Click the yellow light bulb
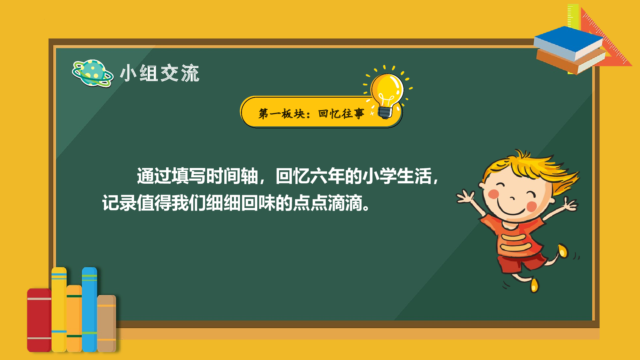pyautogui.click(x=387, y=88)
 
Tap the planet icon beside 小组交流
pyautogui.click(x=92, y=73)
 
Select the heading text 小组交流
pyautogui.click(x=159, y=73)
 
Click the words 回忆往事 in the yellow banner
pyautogui.click(x=341, y=114)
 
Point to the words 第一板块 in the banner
pyautogui.click(x=282, y=114)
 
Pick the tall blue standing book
pyautogui.click(x=89, y=309)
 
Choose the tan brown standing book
pyautogui.click(x=107, y=323)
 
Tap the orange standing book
pyautogui.click(x=74, y=318)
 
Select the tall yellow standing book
pyautogui.click(x=59, y=309)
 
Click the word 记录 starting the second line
pyautogui.click(x=119, y=203)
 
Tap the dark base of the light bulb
pyautogui.click(x=385, y=112)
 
